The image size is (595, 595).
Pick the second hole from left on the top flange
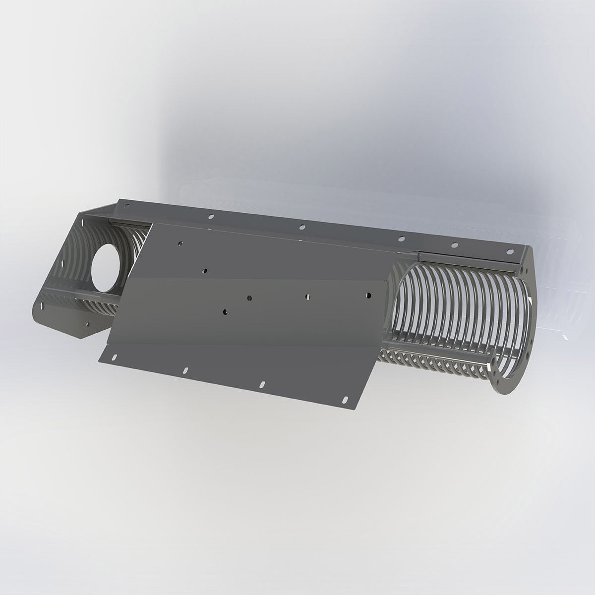tap(211, 216)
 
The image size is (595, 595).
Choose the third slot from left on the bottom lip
tap(262, 384)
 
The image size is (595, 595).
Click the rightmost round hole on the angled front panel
tap(368, 295)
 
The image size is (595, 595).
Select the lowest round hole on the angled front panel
tap(225, 312)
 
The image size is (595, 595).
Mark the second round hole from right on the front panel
tap(307, 297)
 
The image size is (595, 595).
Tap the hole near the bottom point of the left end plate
tap(87, 325)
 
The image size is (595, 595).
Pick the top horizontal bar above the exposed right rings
tap(466, 256)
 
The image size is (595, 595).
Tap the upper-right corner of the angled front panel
tap(386, 282)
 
